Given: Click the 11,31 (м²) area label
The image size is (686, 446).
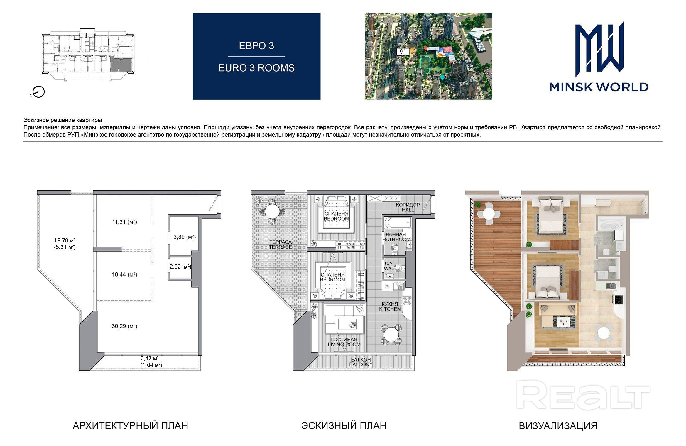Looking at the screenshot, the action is coord(124,222).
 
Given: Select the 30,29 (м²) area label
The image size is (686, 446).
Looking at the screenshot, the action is coord(124,326).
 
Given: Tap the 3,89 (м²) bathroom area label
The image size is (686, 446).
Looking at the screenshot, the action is coord(185,237).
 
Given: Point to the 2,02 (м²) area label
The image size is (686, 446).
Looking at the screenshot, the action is coord(180,267).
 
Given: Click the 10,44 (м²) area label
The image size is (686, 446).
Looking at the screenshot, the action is coord(124,274).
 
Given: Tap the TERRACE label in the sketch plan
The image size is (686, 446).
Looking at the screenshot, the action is coord(281,247).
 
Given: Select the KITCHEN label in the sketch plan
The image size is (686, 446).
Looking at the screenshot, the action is coord(390,309).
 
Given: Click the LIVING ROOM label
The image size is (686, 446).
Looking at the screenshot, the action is coord(344,345).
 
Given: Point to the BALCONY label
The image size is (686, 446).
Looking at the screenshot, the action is coord(361,364).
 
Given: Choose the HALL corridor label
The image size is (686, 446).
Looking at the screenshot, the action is coord(408,210).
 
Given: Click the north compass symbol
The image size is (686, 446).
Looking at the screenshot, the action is coord(38,92).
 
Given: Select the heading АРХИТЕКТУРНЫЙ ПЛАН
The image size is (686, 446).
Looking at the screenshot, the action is coord(130,425).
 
